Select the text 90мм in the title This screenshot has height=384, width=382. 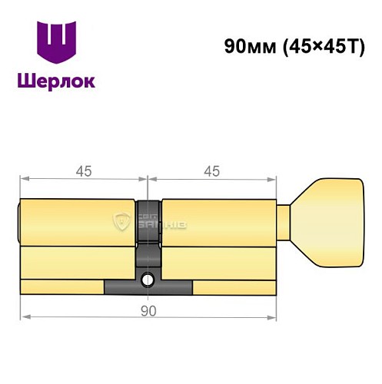click(242, 45)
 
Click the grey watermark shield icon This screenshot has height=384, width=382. click(121, 223)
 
